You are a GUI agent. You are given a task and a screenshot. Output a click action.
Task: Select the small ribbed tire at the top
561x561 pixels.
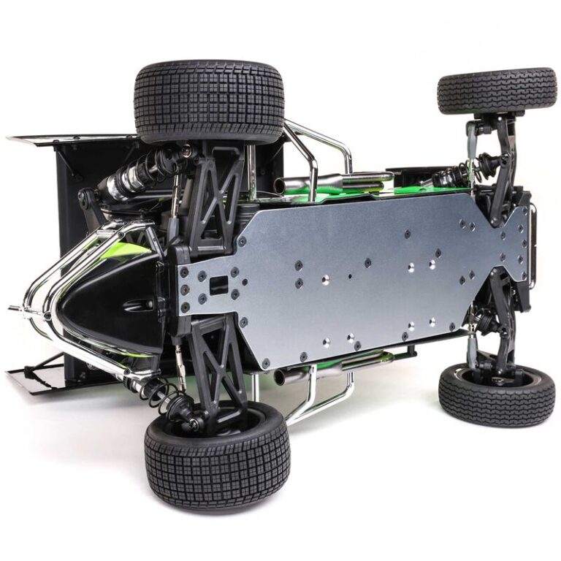pos(497,91)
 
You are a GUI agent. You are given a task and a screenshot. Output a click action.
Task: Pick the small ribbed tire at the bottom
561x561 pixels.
pos(496,394)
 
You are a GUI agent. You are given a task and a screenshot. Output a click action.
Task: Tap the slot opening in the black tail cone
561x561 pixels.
pos(138,305)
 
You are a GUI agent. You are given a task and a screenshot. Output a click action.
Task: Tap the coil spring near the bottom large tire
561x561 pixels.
pos(157,395)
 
